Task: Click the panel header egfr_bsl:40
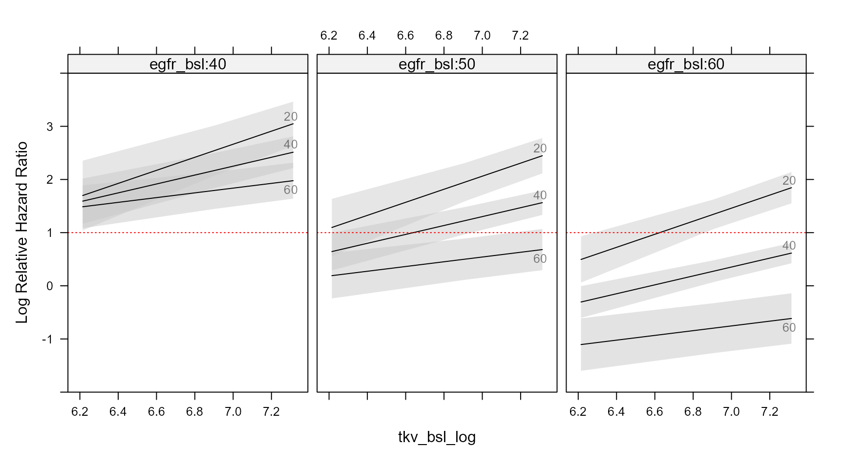[x=188, y=64]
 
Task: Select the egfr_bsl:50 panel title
[x=437, y=64]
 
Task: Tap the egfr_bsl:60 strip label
[x=686, y=64]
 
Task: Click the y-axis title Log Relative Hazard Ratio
[x=22, y=233]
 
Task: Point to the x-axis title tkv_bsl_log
[x=437, y=437]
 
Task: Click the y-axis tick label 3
[x=49, y=127]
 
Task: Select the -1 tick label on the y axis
[x=47, y=339]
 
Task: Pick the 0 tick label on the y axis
[x=49, y=286]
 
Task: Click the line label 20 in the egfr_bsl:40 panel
[x=291, y=117]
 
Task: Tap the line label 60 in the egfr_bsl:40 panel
[x=291, y=190]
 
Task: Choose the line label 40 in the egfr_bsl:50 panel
[x=540, y=195]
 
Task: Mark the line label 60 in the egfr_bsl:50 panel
[x=540, y=258]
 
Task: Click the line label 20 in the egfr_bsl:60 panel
[x=789, y=181]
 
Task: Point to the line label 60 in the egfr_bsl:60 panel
[x=789, y=327]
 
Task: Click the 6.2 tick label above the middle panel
[x=329, y=36]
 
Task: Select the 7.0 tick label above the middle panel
[x=482, y=36]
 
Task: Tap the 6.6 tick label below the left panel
[x=156, y=412]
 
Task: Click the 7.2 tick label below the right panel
[x=770, y=412]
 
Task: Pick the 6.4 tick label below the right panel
[x=616, y=412]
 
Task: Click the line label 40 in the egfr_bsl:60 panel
[x=789, y=246]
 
